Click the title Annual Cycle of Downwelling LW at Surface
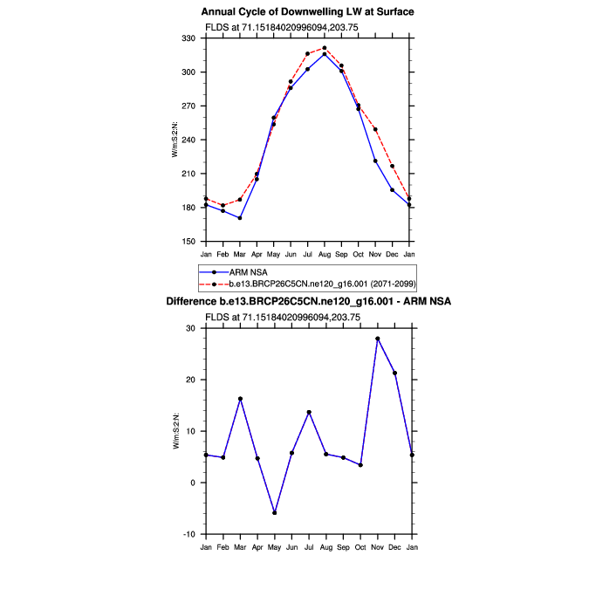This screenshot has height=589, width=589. (x=307, y=12)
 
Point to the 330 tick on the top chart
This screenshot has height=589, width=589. (x=189, y=38)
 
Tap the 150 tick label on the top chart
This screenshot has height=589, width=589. (x=189, y=242)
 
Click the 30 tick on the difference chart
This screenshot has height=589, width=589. (x=193, y=328)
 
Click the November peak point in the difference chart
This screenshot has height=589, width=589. (x=377, y=339)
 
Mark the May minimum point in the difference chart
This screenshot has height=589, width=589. (x=274, y=513)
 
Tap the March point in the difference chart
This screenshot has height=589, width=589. (x=240, y=399)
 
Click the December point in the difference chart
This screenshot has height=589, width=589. (x=394, y=373)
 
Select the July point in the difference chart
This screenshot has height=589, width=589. (x=308, y=412)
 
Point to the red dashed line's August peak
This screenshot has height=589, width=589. (x=325, y=48)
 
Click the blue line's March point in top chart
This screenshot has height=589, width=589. (x=240, y=218)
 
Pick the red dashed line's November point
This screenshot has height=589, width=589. (x=375, y=129)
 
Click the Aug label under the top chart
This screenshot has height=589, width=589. (x=325, y=254)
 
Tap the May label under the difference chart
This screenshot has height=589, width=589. (x=274, y=547)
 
